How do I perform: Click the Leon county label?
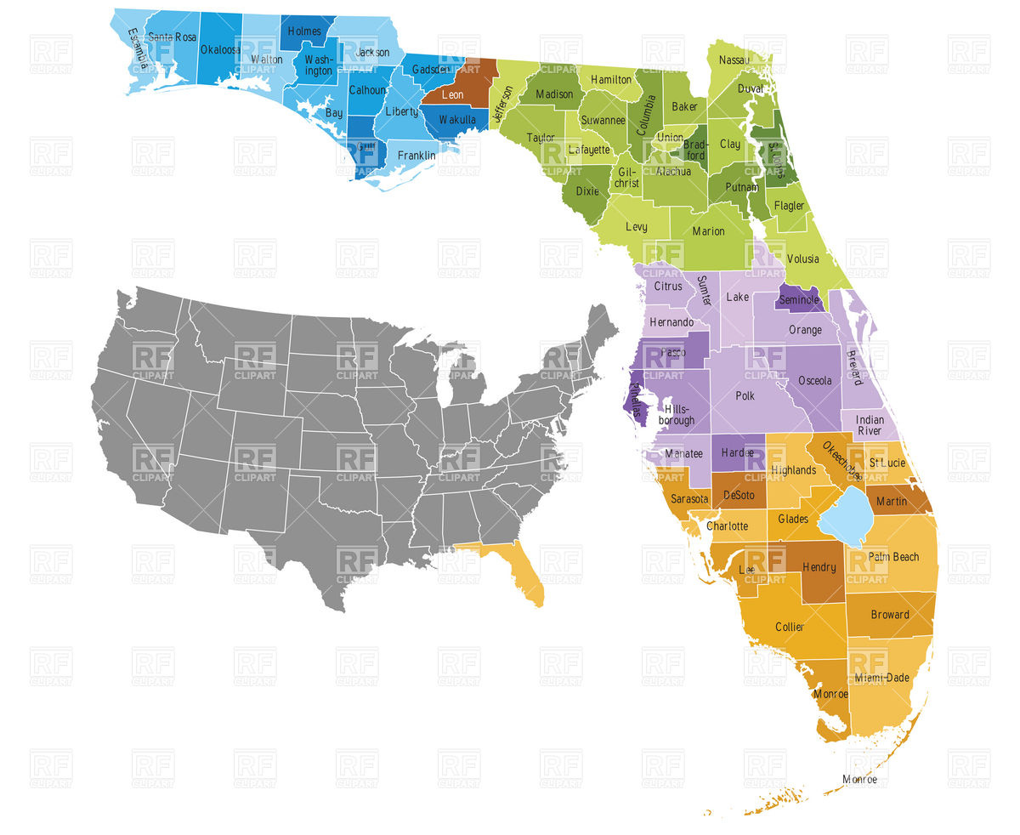click(452, 95)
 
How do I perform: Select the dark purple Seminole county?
click(799, 299)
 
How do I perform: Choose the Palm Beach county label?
click(893, 557)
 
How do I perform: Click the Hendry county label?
click(819, 567)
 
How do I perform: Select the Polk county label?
click(745, 396)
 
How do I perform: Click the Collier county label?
click(789, 628)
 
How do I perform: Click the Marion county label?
click(708, 231)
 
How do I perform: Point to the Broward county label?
click(890, 615)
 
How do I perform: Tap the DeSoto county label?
click(739, 495)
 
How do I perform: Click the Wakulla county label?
click(457, 120)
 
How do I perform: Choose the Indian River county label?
click(870, 425)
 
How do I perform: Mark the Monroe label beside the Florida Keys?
click(859, 779)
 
